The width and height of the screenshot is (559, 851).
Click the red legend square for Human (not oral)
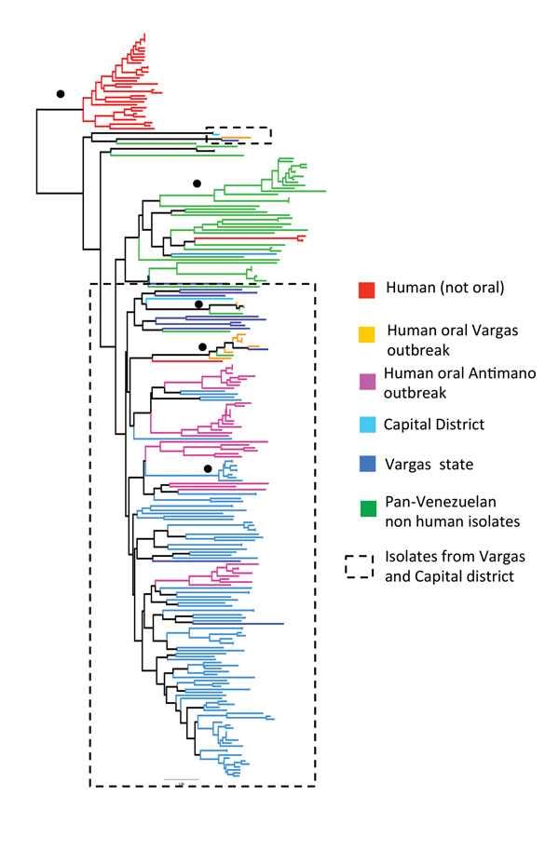click(367, 290)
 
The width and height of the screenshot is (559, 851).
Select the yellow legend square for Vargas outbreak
click(367, 334)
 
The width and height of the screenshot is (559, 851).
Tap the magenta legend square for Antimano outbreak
click(368, 382)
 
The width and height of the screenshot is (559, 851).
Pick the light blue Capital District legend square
click(368, 425)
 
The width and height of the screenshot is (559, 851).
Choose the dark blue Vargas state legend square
click(368, 464)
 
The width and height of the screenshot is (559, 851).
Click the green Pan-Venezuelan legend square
click(368, 508)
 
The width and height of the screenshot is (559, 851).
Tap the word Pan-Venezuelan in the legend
click(441, 502)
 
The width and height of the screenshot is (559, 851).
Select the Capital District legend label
click(433, 425)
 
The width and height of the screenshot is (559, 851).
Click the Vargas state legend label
click(429, 465)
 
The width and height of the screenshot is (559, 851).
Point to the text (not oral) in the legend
click(473, 288)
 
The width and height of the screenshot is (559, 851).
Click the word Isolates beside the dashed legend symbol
click(410, 556)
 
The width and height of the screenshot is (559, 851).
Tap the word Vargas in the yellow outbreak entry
click(496, 331)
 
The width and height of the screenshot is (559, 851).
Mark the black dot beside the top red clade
click(61, 94)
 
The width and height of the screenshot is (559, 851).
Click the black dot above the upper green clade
click(197, 183)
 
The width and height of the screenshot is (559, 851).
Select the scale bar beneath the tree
click(182, 780)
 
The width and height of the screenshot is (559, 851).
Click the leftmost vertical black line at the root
click(37, 151)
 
